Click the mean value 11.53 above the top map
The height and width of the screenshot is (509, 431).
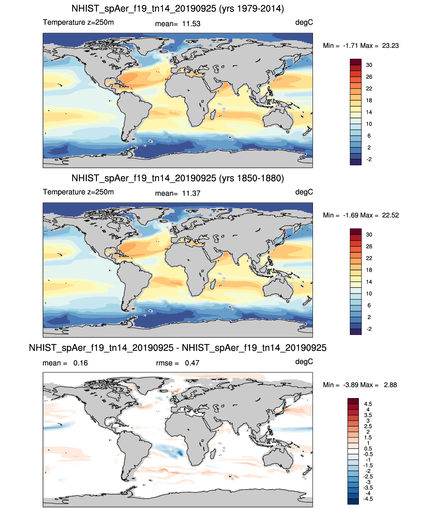[191, 24]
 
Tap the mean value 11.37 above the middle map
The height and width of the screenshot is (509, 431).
[191, 194]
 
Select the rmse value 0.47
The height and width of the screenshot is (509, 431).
[192, 363]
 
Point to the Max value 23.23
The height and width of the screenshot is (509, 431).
[390, 46]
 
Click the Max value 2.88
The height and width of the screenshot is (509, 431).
[390, 385]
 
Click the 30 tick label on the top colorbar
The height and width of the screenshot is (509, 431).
[369, 65]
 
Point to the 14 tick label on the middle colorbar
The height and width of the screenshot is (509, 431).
[369, 282]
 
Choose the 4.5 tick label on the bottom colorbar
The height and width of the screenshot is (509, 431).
[368, 404]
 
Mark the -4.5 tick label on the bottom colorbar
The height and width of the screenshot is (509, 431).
[368, 499]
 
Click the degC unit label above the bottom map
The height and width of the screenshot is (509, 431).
[304, 362]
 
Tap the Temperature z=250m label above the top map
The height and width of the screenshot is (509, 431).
[78, 22]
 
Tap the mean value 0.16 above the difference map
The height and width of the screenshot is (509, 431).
[80, 363]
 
